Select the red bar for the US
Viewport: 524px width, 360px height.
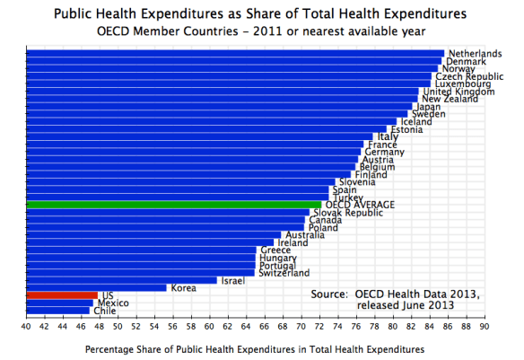(x=62, y=294)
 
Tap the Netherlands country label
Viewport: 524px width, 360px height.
(x=475, y=54)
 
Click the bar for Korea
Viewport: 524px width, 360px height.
(x=97, y=287)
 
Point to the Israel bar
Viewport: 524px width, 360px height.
(x=121, y=280)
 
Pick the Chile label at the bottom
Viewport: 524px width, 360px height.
(x=104, y=311)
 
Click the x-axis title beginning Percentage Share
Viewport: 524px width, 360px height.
(x=254, y=347)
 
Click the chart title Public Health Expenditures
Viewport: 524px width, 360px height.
(x=261, y=13)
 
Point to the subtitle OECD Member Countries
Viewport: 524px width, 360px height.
(x=261, y=31)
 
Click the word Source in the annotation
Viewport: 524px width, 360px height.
(x=328, y=294)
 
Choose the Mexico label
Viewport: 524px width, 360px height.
(x=112, y=303)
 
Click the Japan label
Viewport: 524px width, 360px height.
(x=427, y=107)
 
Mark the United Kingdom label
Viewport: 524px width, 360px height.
(x=458, y=92)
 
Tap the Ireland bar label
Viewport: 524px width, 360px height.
(x=293, y=242)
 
